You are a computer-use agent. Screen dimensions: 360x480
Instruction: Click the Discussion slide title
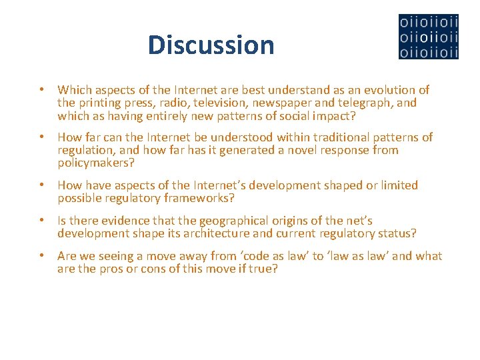(x=211, y=45)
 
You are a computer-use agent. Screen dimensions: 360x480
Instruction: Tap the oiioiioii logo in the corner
(x=428, y=37)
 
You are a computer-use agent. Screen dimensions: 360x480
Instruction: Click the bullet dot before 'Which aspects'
(x=41, y=90)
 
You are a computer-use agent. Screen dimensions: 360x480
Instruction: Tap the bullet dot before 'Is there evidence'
(x=41, y=221)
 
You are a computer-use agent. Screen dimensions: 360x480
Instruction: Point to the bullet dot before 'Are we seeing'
(x=41, y=256)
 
